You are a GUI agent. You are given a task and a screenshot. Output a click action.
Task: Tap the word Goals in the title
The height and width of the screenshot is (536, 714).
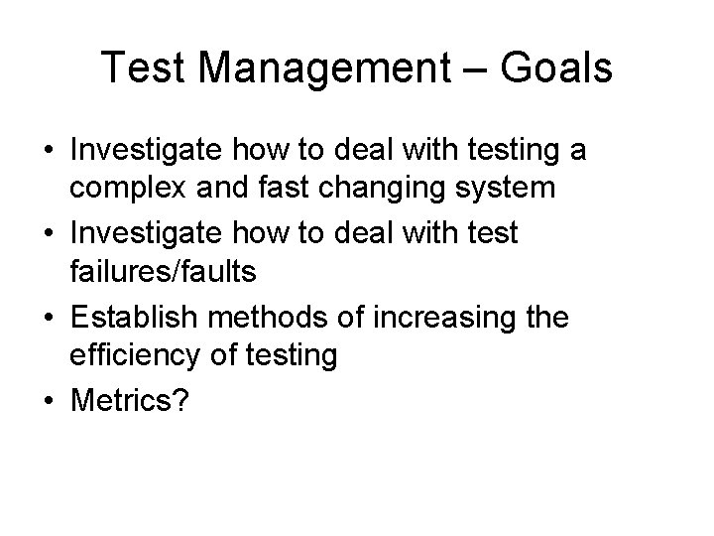pos(558,68)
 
